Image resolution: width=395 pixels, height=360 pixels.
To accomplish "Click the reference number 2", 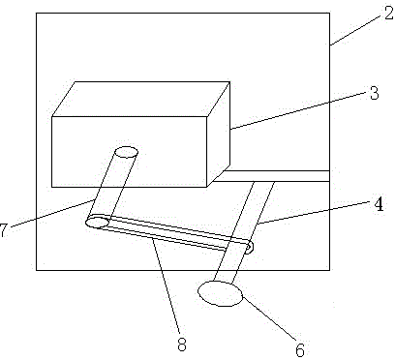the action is point(389,14).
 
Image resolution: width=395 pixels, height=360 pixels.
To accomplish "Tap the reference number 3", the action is point(374,93).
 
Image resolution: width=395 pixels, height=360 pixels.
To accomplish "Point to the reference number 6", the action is point(300,349).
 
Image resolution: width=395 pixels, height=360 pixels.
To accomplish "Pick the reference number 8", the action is point(182,345).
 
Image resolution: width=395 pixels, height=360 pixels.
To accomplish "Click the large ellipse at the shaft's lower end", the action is point(221,293).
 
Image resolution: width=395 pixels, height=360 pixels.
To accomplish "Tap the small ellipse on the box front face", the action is point(127,152).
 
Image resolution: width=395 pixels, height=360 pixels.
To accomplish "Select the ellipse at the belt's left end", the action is point(98,223).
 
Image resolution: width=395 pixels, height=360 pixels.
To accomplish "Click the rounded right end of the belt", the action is point(249,247).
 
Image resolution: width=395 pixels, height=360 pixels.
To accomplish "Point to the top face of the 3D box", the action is point(141,99).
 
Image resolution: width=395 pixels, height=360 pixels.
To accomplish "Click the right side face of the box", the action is point(219,135).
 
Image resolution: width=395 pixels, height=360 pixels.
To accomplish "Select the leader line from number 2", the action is point(356,29).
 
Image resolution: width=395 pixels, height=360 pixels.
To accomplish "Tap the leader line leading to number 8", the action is point(166,287).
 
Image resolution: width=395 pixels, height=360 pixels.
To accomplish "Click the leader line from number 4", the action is point(314,212).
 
